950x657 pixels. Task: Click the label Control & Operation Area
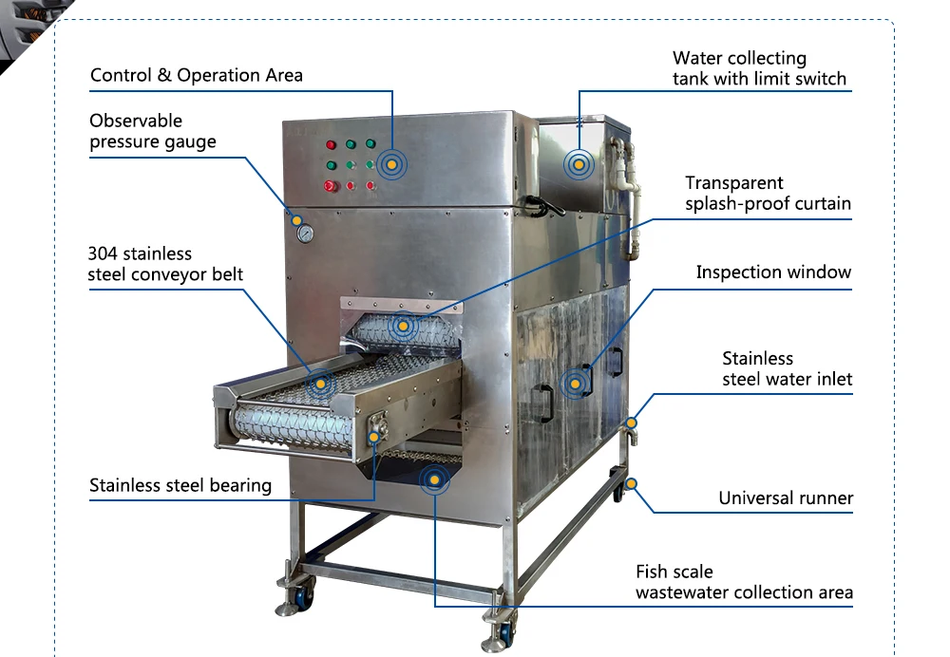click(x=196, y=75)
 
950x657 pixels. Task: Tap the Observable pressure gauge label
click(x=152, y=132)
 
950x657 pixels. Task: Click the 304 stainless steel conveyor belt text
click(x=165, y=264)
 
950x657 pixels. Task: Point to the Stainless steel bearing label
click(x=180, y=485)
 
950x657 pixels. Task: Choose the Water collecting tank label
click(x=759, y=69)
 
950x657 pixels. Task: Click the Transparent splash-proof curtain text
click(x=768, y=193)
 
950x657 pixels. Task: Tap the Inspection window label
click(x=773, y=272)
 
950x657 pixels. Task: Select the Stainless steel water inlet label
click(x=787, y=369)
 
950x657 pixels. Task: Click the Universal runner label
click(x=786, y=497)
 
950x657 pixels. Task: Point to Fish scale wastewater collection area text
click(x=744, y=582)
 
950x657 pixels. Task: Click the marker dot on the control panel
click(x=390, y=164)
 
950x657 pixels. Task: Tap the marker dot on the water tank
click(x=577, y=164)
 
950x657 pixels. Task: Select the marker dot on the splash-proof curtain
click(x=404, y=326)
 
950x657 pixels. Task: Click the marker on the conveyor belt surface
click(x=321, y=384)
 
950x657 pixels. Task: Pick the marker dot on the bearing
click(x=374, y=436)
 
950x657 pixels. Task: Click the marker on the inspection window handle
click(x=573, y=384)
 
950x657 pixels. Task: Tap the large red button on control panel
click(x=331, y=187)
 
